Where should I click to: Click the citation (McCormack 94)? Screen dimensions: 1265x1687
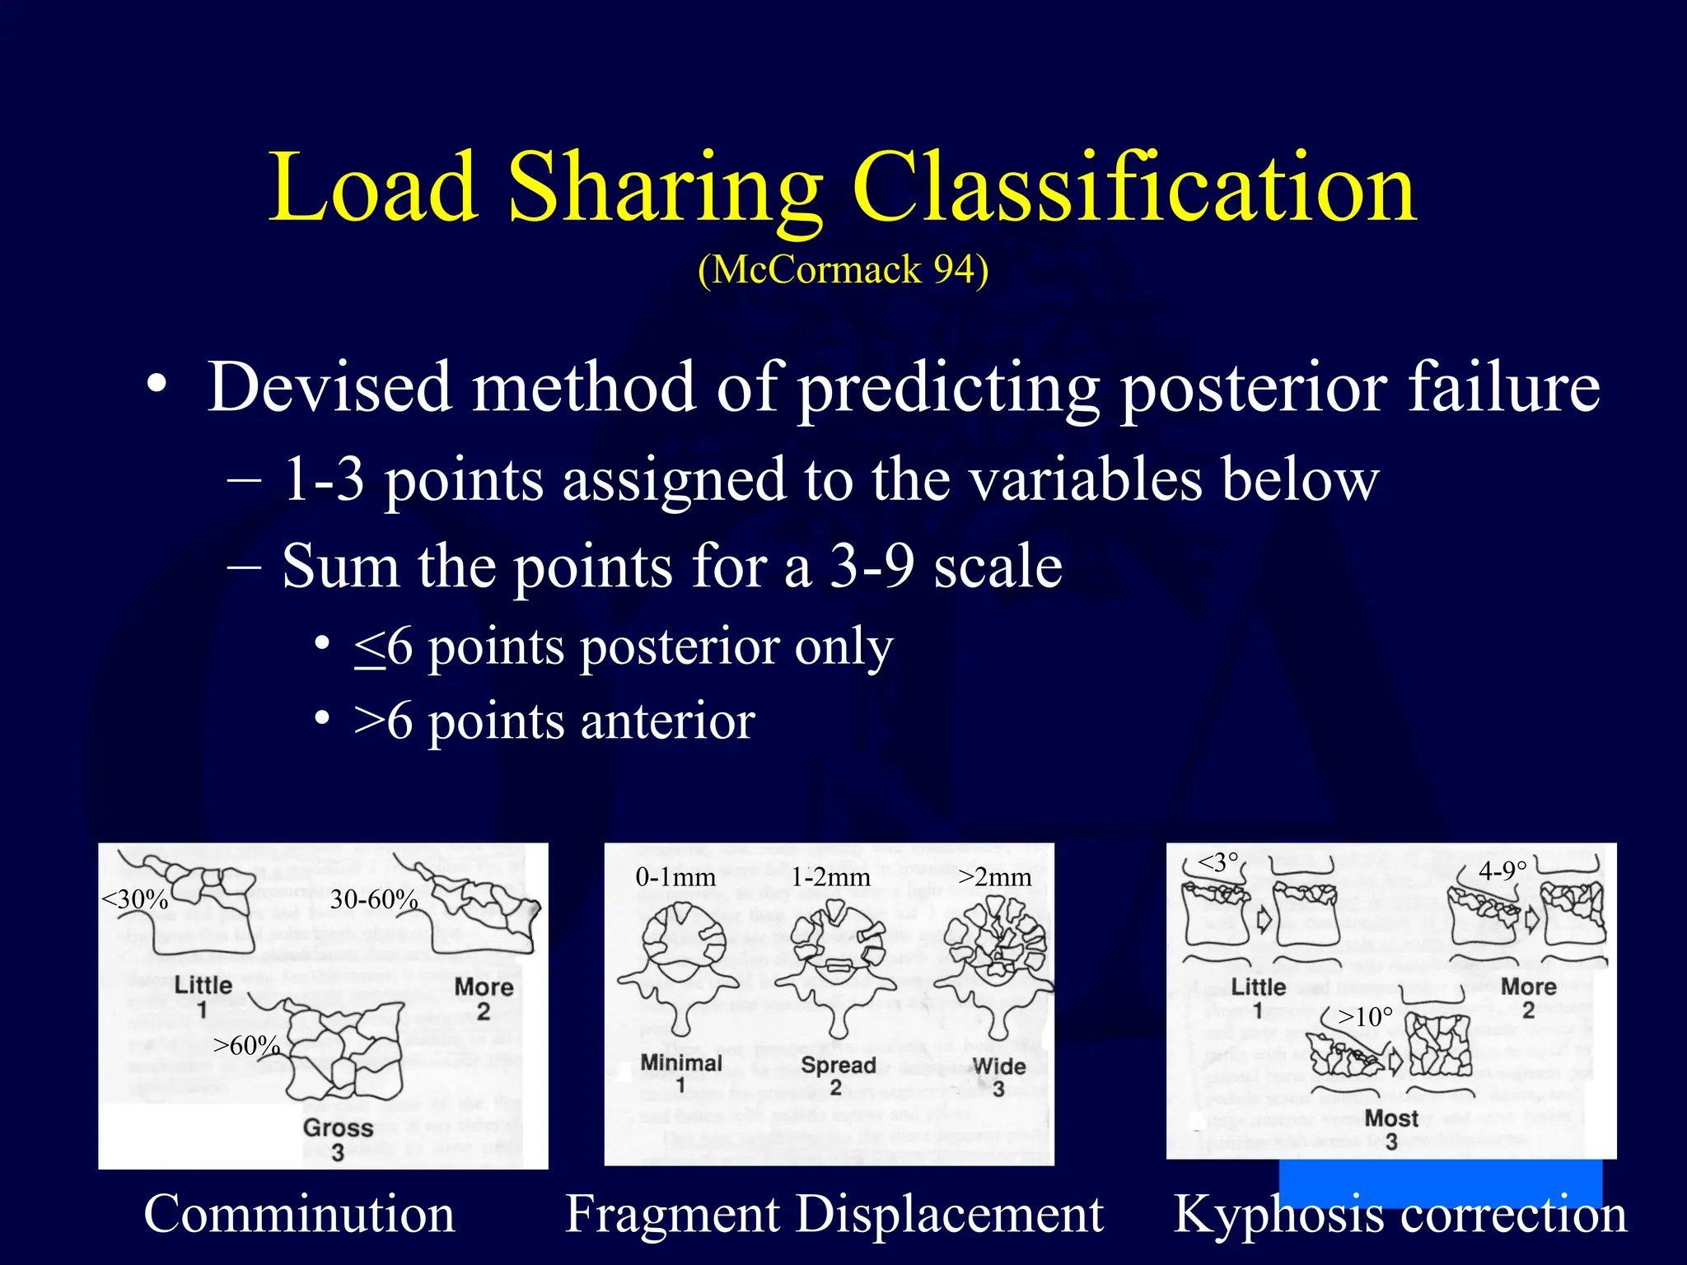click(x=843, y=270)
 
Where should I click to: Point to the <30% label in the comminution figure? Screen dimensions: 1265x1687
click(x=134, y=899)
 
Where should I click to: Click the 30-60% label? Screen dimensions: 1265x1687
click(x=374, y=899)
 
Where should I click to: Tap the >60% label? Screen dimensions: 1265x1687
click(x=246, y=1045)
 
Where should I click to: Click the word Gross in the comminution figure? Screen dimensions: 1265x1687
click(x=338, y=1127)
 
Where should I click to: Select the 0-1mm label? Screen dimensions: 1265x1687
click(x=675, y=877)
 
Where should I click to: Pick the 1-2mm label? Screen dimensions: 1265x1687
click(x=830, y=877)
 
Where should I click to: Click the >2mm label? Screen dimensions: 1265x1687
click(x=995, y=877)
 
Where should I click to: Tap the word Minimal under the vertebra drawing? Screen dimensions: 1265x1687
click(x=681, y=1062)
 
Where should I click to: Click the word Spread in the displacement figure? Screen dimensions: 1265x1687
click(x=838, y=1065)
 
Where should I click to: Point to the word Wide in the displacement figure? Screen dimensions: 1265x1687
click(x=998, y=1066)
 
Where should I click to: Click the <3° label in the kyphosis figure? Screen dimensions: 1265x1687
click(x=1217, y=862)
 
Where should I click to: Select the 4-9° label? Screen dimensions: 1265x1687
click(x=1502, y=871)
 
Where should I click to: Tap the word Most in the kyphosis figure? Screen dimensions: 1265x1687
click(x=1391, y=1118)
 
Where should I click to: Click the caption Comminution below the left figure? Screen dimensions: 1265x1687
click(x=299, y=1214)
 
